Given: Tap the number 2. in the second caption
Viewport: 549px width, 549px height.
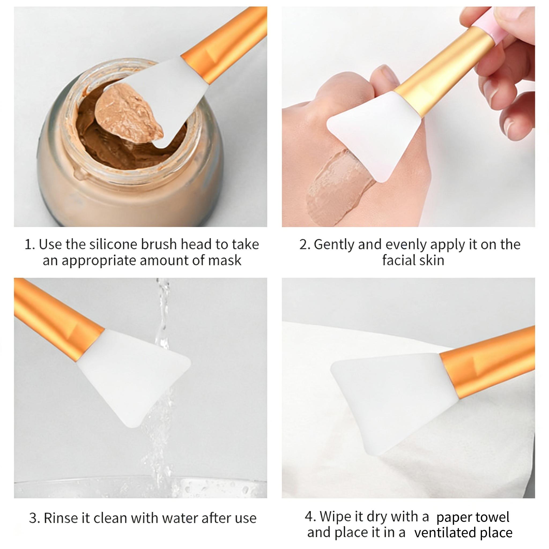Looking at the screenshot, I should coord(305,245).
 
